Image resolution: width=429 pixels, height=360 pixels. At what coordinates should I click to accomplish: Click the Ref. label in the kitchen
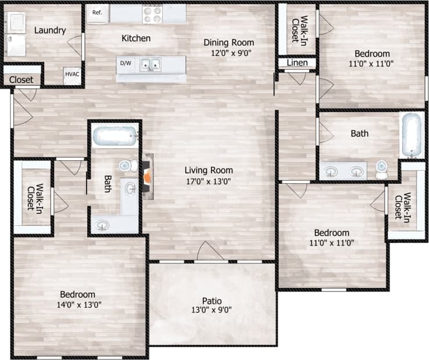(97, 12)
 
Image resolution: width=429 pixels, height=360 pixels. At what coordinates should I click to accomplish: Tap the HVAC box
(72, 74)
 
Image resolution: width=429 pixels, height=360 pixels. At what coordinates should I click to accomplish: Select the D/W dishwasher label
(125, 63)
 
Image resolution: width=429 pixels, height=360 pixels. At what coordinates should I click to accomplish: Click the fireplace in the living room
(149, 177)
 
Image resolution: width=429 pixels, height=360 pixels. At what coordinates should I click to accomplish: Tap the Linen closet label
(296, 62)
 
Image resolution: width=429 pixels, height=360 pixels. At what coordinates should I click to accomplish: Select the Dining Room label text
(228, 42)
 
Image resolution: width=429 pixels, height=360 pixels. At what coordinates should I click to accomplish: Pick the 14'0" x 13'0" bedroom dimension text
(79, 304)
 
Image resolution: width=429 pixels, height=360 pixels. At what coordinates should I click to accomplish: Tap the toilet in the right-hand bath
(381, 169)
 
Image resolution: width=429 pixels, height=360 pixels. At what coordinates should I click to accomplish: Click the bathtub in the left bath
(115, 137)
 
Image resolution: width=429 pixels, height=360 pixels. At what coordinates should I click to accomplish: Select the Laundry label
(49, 30)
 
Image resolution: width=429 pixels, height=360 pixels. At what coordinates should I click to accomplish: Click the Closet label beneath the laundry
(21, 80)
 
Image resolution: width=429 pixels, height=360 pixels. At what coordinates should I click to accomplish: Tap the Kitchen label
(136, 38)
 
